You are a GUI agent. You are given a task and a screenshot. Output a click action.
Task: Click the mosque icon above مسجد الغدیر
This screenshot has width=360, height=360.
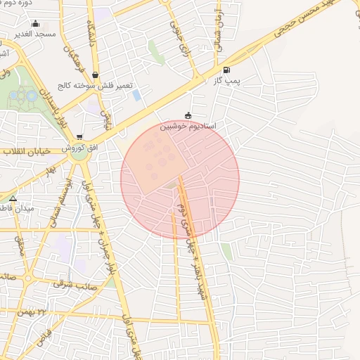click(x=36, y=24)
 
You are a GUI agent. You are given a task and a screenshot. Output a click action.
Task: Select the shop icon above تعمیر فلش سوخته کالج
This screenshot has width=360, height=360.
click(x=95, y=75)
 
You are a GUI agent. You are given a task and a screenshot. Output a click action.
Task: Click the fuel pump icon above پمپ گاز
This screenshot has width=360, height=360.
click(x=226, y=70)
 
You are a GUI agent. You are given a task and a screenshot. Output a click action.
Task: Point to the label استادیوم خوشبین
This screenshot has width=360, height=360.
click(x=188, y=126)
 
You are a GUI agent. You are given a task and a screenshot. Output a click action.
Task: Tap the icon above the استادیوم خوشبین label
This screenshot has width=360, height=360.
click(x=188, y=116)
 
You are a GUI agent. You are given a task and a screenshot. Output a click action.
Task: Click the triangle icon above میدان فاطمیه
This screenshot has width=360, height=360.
click(x=13, y=198)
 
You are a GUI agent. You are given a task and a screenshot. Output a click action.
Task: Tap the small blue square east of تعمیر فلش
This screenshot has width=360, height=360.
click(x=136, y=94)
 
